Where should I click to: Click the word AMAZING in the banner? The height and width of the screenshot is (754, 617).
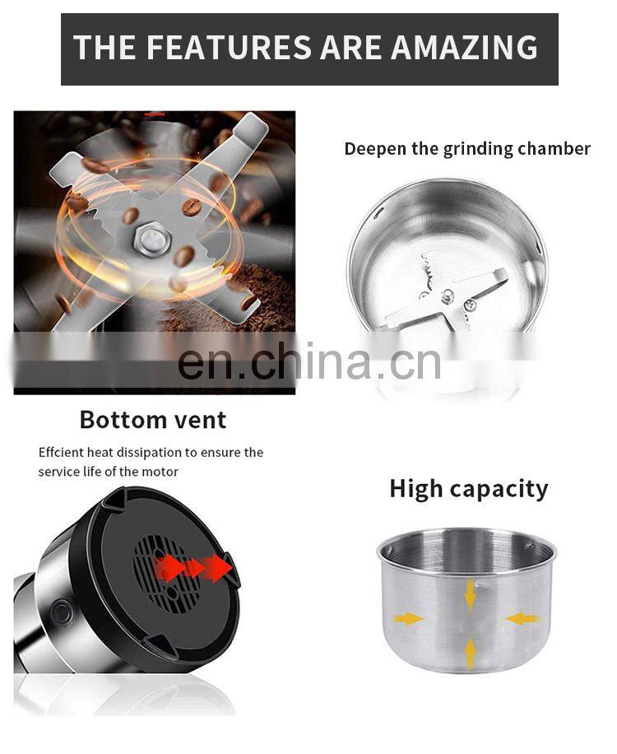click(x=464, y=47)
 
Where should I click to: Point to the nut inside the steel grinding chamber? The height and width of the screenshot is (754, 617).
click(x=448, y=296)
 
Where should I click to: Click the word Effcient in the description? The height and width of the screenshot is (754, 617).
click(x=61, y=453)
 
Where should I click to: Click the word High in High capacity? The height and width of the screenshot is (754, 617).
click(x=416, y=490)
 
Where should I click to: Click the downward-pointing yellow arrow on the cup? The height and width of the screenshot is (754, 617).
click(x=471, y=595)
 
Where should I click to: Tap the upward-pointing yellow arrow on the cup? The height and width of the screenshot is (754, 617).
click(x=471, y=651)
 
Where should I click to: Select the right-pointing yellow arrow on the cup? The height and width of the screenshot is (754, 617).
click(x=409, y=619)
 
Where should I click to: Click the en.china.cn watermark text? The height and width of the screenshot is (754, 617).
click(x=309, y=361)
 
